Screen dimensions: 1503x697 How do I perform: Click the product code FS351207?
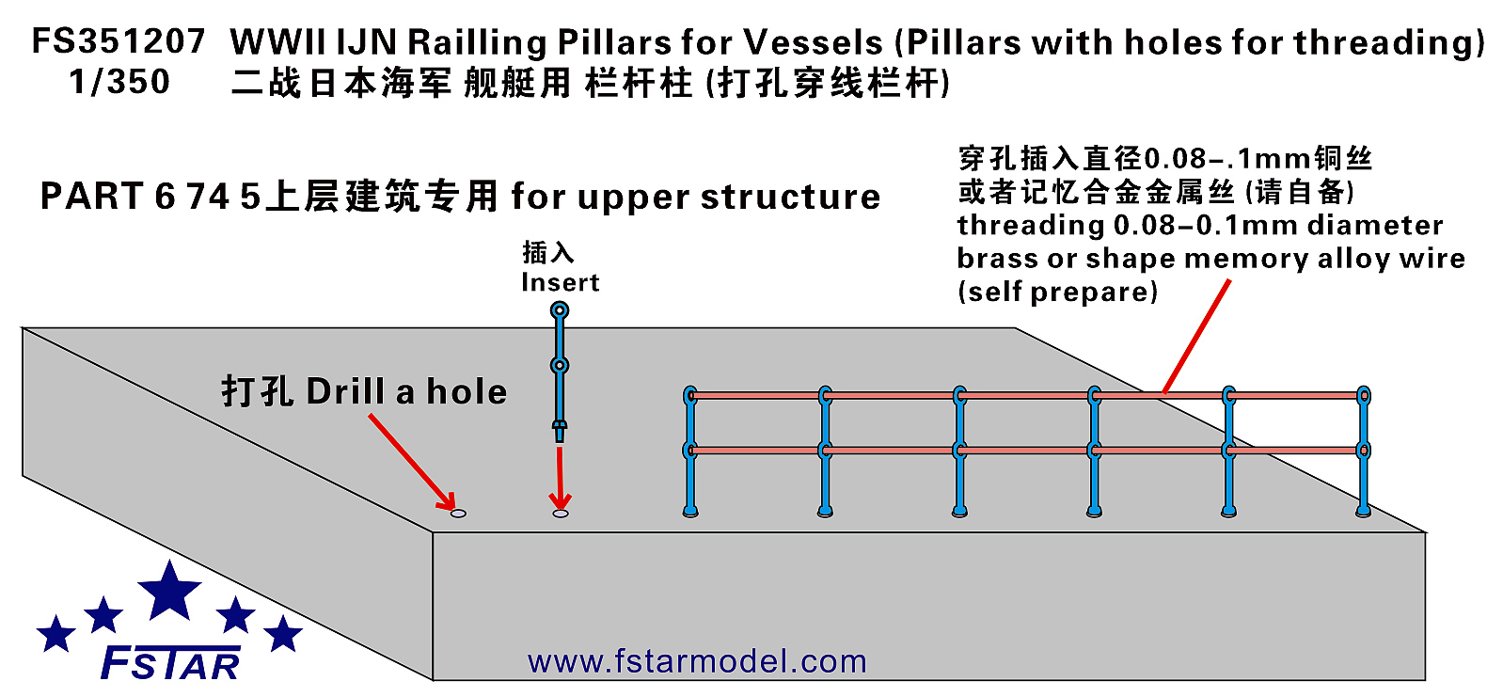[119, 41]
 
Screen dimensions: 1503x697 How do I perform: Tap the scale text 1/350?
[119, 82]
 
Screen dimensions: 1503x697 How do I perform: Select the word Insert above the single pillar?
[561, 282]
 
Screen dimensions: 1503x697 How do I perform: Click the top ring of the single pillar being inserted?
[560, 310]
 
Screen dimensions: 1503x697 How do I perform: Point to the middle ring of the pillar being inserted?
[560, 366]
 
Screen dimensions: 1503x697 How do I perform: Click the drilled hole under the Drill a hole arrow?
[458, 514]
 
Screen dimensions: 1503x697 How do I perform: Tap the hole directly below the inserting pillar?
[561, 514]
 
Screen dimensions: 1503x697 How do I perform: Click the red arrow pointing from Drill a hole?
[412, 462]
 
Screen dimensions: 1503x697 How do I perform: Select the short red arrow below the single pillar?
[560, 479]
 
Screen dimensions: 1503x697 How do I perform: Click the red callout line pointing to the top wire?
[1196, 337]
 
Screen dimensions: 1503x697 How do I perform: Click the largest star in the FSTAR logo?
[169, 591]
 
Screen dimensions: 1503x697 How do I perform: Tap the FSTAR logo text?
[170, 663]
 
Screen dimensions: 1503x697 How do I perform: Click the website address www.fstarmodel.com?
[697, 661]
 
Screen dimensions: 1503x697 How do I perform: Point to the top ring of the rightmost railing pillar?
[1364, 396]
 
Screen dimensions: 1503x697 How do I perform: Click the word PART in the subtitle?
[92, 197]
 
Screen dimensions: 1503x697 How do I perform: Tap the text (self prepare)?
[1058, 293]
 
